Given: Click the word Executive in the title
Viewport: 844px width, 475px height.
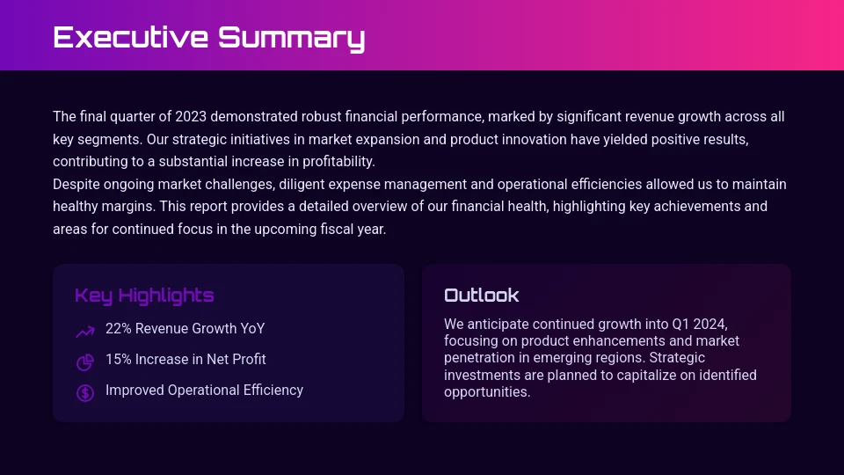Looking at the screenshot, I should point(131,37).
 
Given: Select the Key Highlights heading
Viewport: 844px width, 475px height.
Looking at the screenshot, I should point(144,296).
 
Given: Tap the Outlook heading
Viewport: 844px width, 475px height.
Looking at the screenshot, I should point(481,296).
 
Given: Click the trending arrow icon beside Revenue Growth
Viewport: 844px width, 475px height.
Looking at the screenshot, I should point(85,332).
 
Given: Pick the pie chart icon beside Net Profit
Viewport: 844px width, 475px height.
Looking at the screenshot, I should point(85,362).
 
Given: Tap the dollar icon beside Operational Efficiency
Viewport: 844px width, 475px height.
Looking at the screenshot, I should point(85,392).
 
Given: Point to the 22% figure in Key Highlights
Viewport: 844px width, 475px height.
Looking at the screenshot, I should point(118,329).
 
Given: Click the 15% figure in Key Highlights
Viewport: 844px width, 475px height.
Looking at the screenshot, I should point(118,360).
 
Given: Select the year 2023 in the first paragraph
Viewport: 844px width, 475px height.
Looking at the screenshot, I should point(191,117).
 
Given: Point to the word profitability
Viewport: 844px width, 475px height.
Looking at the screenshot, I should point(338,162).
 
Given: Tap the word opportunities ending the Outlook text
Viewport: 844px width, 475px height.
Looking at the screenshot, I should point(486,392).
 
